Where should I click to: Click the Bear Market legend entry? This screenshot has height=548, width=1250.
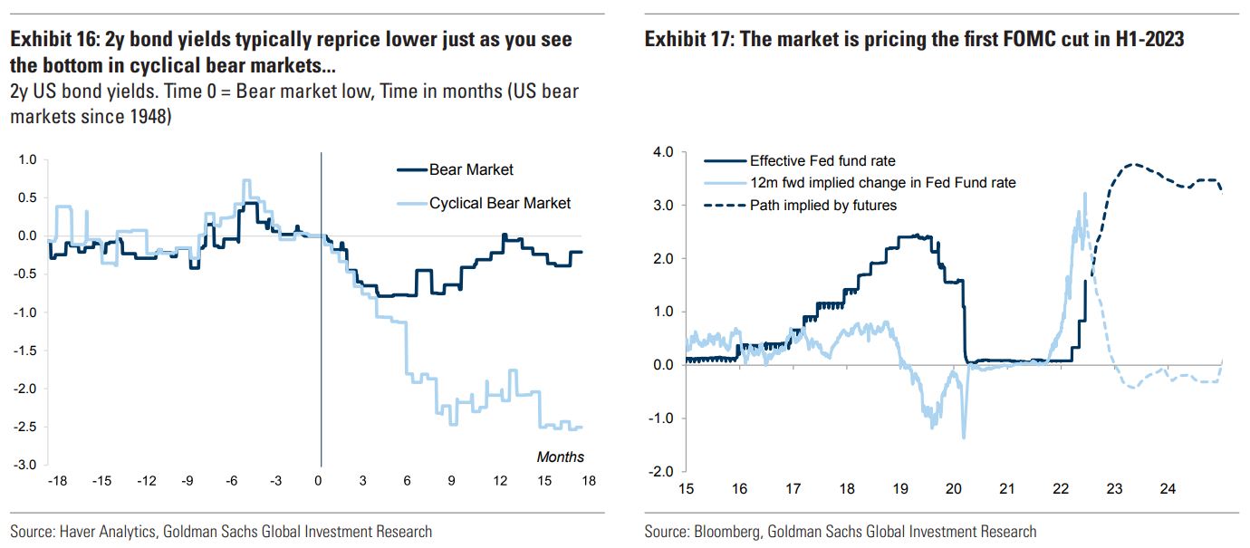(471, 169)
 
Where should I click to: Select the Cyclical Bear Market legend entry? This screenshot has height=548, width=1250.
(500, 203)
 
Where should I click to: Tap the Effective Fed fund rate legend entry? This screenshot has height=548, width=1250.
(822, 161)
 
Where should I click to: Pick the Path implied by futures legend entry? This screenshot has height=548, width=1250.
(822, 205)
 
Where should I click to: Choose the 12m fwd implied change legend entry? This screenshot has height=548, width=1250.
(882, 183)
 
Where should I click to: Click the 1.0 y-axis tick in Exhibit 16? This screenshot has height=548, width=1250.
(27, 160)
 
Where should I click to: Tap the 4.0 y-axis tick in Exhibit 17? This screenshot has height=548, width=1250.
(663, 153)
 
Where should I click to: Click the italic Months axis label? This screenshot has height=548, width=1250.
(561, 457)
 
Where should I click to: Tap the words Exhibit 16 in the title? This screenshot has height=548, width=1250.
(50, 41)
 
